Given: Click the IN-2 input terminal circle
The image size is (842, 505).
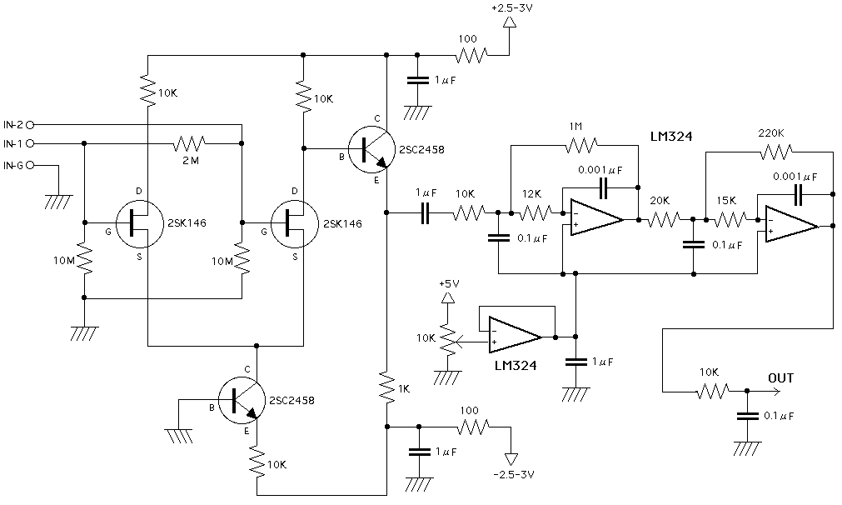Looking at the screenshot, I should pos(31,124).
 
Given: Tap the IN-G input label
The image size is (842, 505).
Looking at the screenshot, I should pos(12,166).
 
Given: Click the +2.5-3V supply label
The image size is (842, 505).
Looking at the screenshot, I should pos(512,9).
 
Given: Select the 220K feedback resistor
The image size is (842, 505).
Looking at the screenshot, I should pos(774,152).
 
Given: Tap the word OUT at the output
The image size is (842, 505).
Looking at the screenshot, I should pos(780,378).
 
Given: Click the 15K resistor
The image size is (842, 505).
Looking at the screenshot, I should pos(730,220).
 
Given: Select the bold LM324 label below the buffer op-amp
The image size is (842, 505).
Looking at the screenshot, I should pos(515,365).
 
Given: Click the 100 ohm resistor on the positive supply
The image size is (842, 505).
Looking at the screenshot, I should pos(471,56).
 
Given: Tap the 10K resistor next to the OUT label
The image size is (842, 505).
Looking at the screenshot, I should pos(713,390).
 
